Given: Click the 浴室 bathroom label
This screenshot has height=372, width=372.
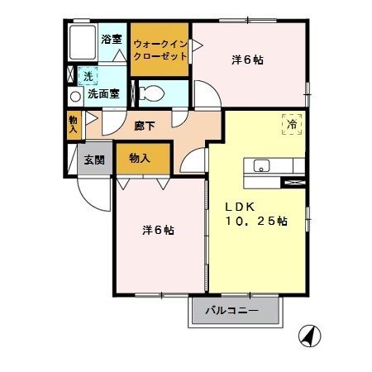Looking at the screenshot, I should (x=111, y=40).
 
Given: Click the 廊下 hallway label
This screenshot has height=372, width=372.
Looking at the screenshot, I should (x=144, y=127).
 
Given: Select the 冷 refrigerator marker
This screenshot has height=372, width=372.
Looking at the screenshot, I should (x=292, y=124).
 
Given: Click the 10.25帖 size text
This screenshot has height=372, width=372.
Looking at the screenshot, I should (x=255, y=222).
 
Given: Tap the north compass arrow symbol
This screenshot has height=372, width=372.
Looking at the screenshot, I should (x=308, y=336).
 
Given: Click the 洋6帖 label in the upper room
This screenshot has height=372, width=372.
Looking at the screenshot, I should (x=248, y=60).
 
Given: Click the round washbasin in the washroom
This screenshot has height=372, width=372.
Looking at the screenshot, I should (x=74, y=94).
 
